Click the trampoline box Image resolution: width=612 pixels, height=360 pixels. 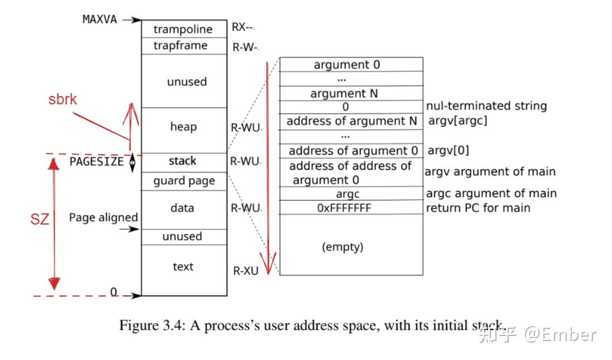pyautogui.click(x=184, y=29)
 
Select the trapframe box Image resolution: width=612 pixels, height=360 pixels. pyautogui.click(x=184, y=46)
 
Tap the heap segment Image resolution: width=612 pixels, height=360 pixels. pyautogui.click(x=184, y=130)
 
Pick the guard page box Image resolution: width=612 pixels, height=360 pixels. pyautogui.click(x=184, y=181)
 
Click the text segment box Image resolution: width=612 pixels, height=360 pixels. pyautogui.click(x=184, y=270)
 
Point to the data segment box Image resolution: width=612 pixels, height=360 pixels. pyautogui.click(x=184, y=210)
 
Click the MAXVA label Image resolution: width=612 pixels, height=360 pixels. pyautogui.click(x=99, y=20)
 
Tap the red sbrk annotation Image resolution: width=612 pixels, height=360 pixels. pyautogui.click(x=62, y=99)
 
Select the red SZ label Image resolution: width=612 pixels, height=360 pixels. pyautogui.click(x=40, y=219)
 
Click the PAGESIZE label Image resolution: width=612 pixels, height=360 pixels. pyautogui.click(x=97, y=162)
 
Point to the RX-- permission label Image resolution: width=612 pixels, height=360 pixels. pyautogui.click(x=242, y=27)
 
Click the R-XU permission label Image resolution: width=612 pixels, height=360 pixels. pyautogui.click(x=245, y=271)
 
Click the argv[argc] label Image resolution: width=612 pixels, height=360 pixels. pyautogui.click(x=458, y=121)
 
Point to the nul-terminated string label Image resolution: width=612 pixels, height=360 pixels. pyautogui.click(x=486, y=106)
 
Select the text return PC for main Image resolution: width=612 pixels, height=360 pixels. pyautogui.click(x=478, y=208)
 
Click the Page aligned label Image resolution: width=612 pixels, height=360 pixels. pyautogui.click(x=103, y=218)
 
